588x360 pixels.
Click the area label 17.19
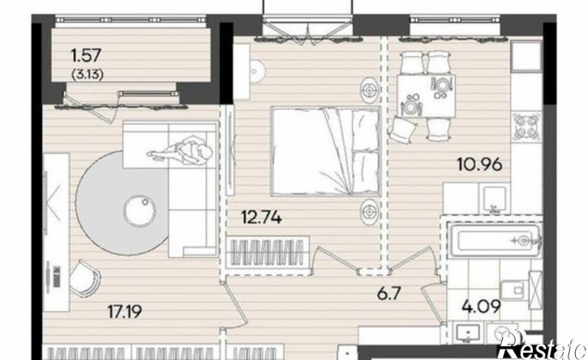(125, 311)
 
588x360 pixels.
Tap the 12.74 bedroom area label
(261, 217)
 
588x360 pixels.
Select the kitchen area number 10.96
(479, 164)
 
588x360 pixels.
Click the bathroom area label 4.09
(482, 306)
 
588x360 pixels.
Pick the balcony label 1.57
(86, 55)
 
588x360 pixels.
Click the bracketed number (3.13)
(87, 75)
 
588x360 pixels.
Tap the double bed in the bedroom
(325, 151)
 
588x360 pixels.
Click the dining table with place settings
(426, 96)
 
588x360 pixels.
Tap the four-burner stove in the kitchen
(527, 126)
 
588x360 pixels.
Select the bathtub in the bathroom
(495, 240)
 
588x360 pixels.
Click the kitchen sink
(494, 198)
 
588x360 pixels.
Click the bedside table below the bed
(370, 212)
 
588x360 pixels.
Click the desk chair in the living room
(86, 279)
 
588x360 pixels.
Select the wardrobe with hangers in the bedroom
(268, 251)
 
